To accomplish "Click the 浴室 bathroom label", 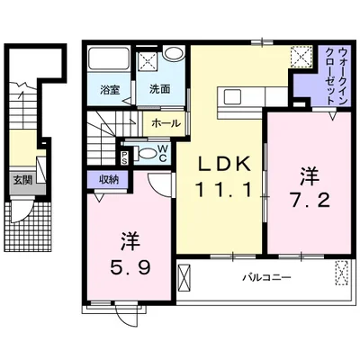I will coord(109,89).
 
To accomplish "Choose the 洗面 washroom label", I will coord(160,89).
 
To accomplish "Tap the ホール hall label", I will coord(163,122).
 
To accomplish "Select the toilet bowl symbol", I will coord(144,152).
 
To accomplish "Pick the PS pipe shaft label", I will coord(125,154).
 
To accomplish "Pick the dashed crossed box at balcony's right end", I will coord(342,273).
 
